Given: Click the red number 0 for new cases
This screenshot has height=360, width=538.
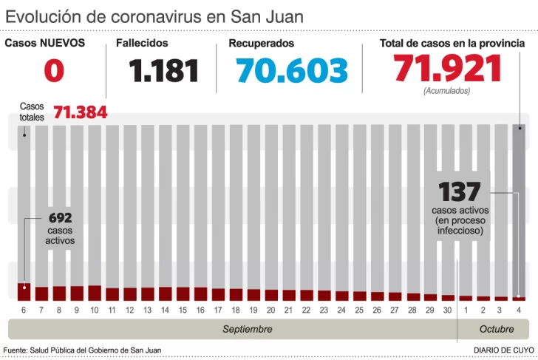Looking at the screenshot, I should click(x=54, y=71).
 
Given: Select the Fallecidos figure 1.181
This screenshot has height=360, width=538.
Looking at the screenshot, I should click(x=163, y=71).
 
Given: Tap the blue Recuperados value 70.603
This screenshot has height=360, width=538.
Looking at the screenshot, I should click(x=292, y=71).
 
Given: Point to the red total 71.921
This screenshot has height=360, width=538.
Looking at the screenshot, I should click(x=448, y=69).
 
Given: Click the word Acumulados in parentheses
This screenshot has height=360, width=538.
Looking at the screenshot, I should click(x=446, y=91).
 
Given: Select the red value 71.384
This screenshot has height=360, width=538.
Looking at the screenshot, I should click(x=80, y=112).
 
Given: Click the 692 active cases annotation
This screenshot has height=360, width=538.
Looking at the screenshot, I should click(x=60, y=219).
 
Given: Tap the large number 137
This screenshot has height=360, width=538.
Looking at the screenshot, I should click(x=459, y=192).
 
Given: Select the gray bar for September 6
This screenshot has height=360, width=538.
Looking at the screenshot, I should click(x=24, y=200).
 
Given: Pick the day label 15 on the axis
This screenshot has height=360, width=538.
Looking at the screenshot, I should click(x=183, y=310).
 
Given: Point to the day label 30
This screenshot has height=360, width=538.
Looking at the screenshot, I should click(x=448, y=310).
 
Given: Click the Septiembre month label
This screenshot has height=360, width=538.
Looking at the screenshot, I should click(x=248, y=329).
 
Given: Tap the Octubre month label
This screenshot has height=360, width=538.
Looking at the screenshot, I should click(x=497, y=329).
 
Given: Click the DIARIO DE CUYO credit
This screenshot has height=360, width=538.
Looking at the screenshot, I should click(x=504, y=350).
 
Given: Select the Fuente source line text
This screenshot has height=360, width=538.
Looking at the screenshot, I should click(x=82, y=350).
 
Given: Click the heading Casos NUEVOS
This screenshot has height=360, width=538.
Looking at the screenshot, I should click(x=44, y=43).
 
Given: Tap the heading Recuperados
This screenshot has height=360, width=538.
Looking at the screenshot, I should click(x=261, y=44).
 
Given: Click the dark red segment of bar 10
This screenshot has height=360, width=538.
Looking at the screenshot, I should click(x=95, y=293).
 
